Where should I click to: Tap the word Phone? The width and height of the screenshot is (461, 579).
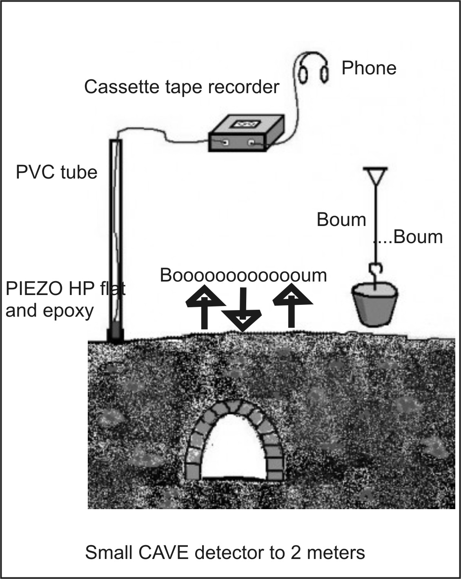tap(369, 68)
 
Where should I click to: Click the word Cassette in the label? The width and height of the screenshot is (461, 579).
tap(120, 87)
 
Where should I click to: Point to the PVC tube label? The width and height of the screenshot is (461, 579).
tap(56, 172)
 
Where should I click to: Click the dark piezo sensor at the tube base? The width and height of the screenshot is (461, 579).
tap(116, 335)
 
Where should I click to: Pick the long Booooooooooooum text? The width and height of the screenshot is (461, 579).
tap(243, 275)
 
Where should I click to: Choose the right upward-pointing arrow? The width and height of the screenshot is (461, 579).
tap(292, 305)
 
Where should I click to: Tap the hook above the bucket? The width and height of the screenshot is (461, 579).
tap(376, 271)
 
